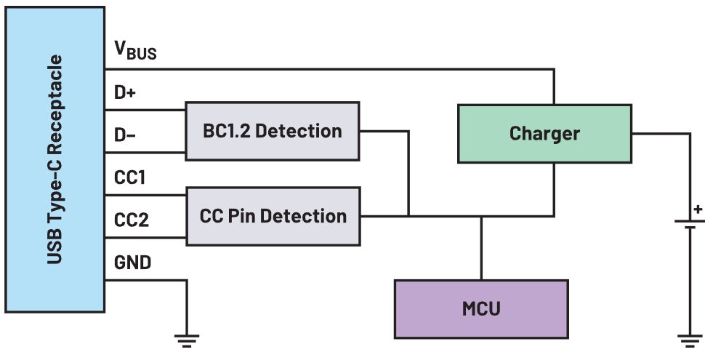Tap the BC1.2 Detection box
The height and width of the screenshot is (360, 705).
click(273, 131)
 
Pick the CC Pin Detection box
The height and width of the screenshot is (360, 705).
click(273, 215)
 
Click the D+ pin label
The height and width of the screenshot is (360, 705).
click(126, 93)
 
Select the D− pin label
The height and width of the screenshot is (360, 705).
click(126, 136)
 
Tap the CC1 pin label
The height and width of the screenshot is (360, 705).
click(131, 178)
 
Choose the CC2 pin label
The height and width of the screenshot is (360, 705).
click(132, 220)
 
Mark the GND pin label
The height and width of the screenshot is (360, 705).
click(133, 263)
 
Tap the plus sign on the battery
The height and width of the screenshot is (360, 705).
click(698, 210)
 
